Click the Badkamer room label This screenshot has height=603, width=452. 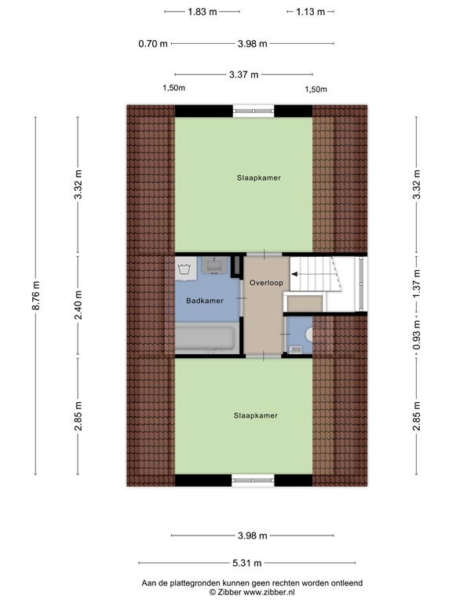coord(205,301)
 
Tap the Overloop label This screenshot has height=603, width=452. coord(266,283)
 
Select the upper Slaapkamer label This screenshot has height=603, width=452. coord(259,177)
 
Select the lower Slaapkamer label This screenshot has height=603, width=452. coord(256,415)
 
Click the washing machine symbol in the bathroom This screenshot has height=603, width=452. coord(185,269)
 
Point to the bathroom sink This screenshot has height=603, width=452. coord(213,265)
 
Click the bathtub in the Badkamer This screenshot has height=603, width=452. coord(206,338)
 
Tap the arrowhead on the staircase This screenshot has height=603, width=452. coord(294,274)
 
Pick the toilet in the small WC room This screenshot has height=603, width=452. coord(309,334)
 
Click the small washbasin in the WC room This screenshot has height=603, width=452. coord(296,349)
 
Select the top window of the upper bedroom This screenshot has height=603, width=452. coord(253,111)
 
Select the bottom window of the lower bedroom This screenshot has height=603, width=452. coord(253,481)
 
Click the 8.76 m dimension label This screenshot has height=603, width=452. coord(36,295)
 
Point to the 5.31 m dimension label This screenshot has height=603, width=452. coord(246,563)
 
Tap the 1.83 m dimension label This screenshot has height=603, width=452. coord(202,12)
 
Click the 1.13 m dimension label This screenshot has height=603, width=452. coord(311,12)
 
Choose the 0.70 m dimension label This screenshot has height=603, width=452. coord(153,44)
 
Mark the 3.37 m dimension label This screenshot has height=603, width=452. coord(244,75)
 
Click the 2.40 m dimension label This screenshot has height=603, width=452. coord(78,305)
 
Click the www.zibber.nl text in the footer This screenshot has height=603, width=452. coord(269,592)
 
